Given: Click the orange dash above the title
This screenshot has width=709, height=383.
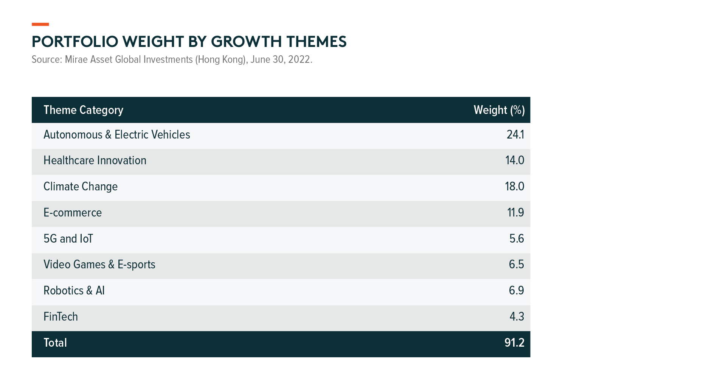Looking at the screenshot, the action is (x=40, y=24).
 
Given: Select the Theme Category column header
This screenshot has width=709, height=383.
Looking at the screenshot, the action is (x=84, y=110).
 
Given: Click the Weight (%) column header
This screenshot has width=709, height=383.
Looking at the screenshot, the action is (x=499, y=110).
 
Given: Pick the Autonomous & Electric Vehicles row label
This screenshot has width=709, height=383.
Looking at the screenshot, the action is (x=117, y=135).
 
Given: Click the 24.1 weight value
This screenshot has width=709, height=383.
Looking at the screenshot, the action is (x=515, y=135).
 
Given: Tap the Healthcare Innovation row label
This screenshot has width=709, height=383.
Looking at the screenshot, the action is (x=95, y=160).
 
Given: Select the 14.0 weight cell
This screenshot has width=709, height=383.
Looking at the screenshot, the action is (x=515, y=160).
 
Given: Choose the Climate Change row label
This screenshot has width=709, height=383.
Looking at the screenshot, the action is (x=81, y=187).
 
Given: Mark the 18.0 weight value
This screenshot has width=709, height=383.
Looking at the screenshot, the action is (x=515, y=187).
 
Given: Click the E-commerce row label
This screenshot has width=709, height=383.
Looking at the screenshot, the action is (x=73, y=213).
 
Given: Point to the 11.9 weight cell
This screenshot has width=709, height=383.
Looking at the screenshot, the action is (x=516, y=213).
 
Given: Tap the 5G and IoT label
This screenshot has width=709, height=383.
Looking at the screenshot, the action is (x=68, y=239).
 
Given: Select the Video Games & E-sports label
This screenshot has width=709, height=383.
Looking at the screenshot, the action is (x=99, y=265).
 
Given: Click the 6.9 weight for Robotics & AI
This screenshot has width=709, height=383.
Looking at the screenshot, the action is (x=517, y=291).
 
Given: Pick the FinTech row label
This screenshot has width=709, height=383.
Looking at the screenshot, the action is (x=61, y=317).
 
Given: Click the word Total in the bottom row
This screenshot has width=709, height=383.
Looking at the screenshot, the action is (x=55, y=343).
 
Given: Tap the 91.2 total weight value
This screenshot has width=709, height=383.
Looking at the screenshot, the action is (x=515, y=343).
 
